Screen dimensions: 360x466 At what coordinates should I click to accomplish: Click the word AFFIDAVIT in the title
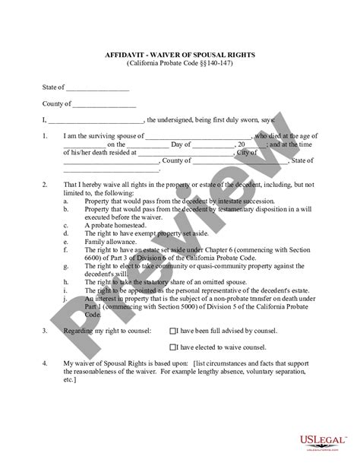125,55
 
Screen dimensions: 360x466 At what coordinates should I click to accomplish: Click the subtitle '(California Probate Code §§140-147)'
180,64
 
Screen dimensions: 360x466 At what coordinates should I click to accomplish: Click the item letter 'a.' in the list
66,201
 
